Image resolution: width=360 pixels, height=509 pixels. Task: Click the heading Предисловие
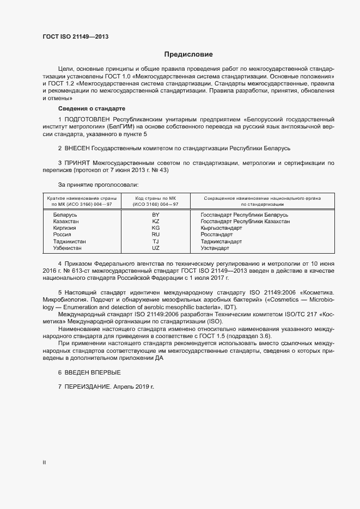click(x=189, y=54)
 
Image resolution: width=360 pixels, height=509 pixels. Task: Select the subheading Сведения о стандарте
click(x=84, y=108)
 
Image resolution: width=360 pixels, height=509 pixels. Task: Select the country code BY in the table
click(x=155, y=215)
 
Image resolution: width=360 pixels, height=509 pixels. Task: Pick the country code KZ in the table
click(x=155, y=222)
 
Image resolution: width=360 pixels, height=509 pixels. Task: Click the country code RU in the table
click(x=155, y=235)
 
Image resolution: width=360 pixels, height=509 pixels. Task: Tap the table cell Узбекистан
click(x=68, y=248)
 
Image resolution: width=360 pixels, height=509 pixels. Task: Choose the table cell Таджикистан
click(x=69, y=241)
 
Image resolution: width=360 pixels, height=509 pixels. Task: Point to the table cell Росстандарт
click(x=217, y=235)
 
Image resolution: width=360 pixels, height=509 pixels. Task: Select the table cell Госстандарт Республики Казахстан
click(x=245, y=222)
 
